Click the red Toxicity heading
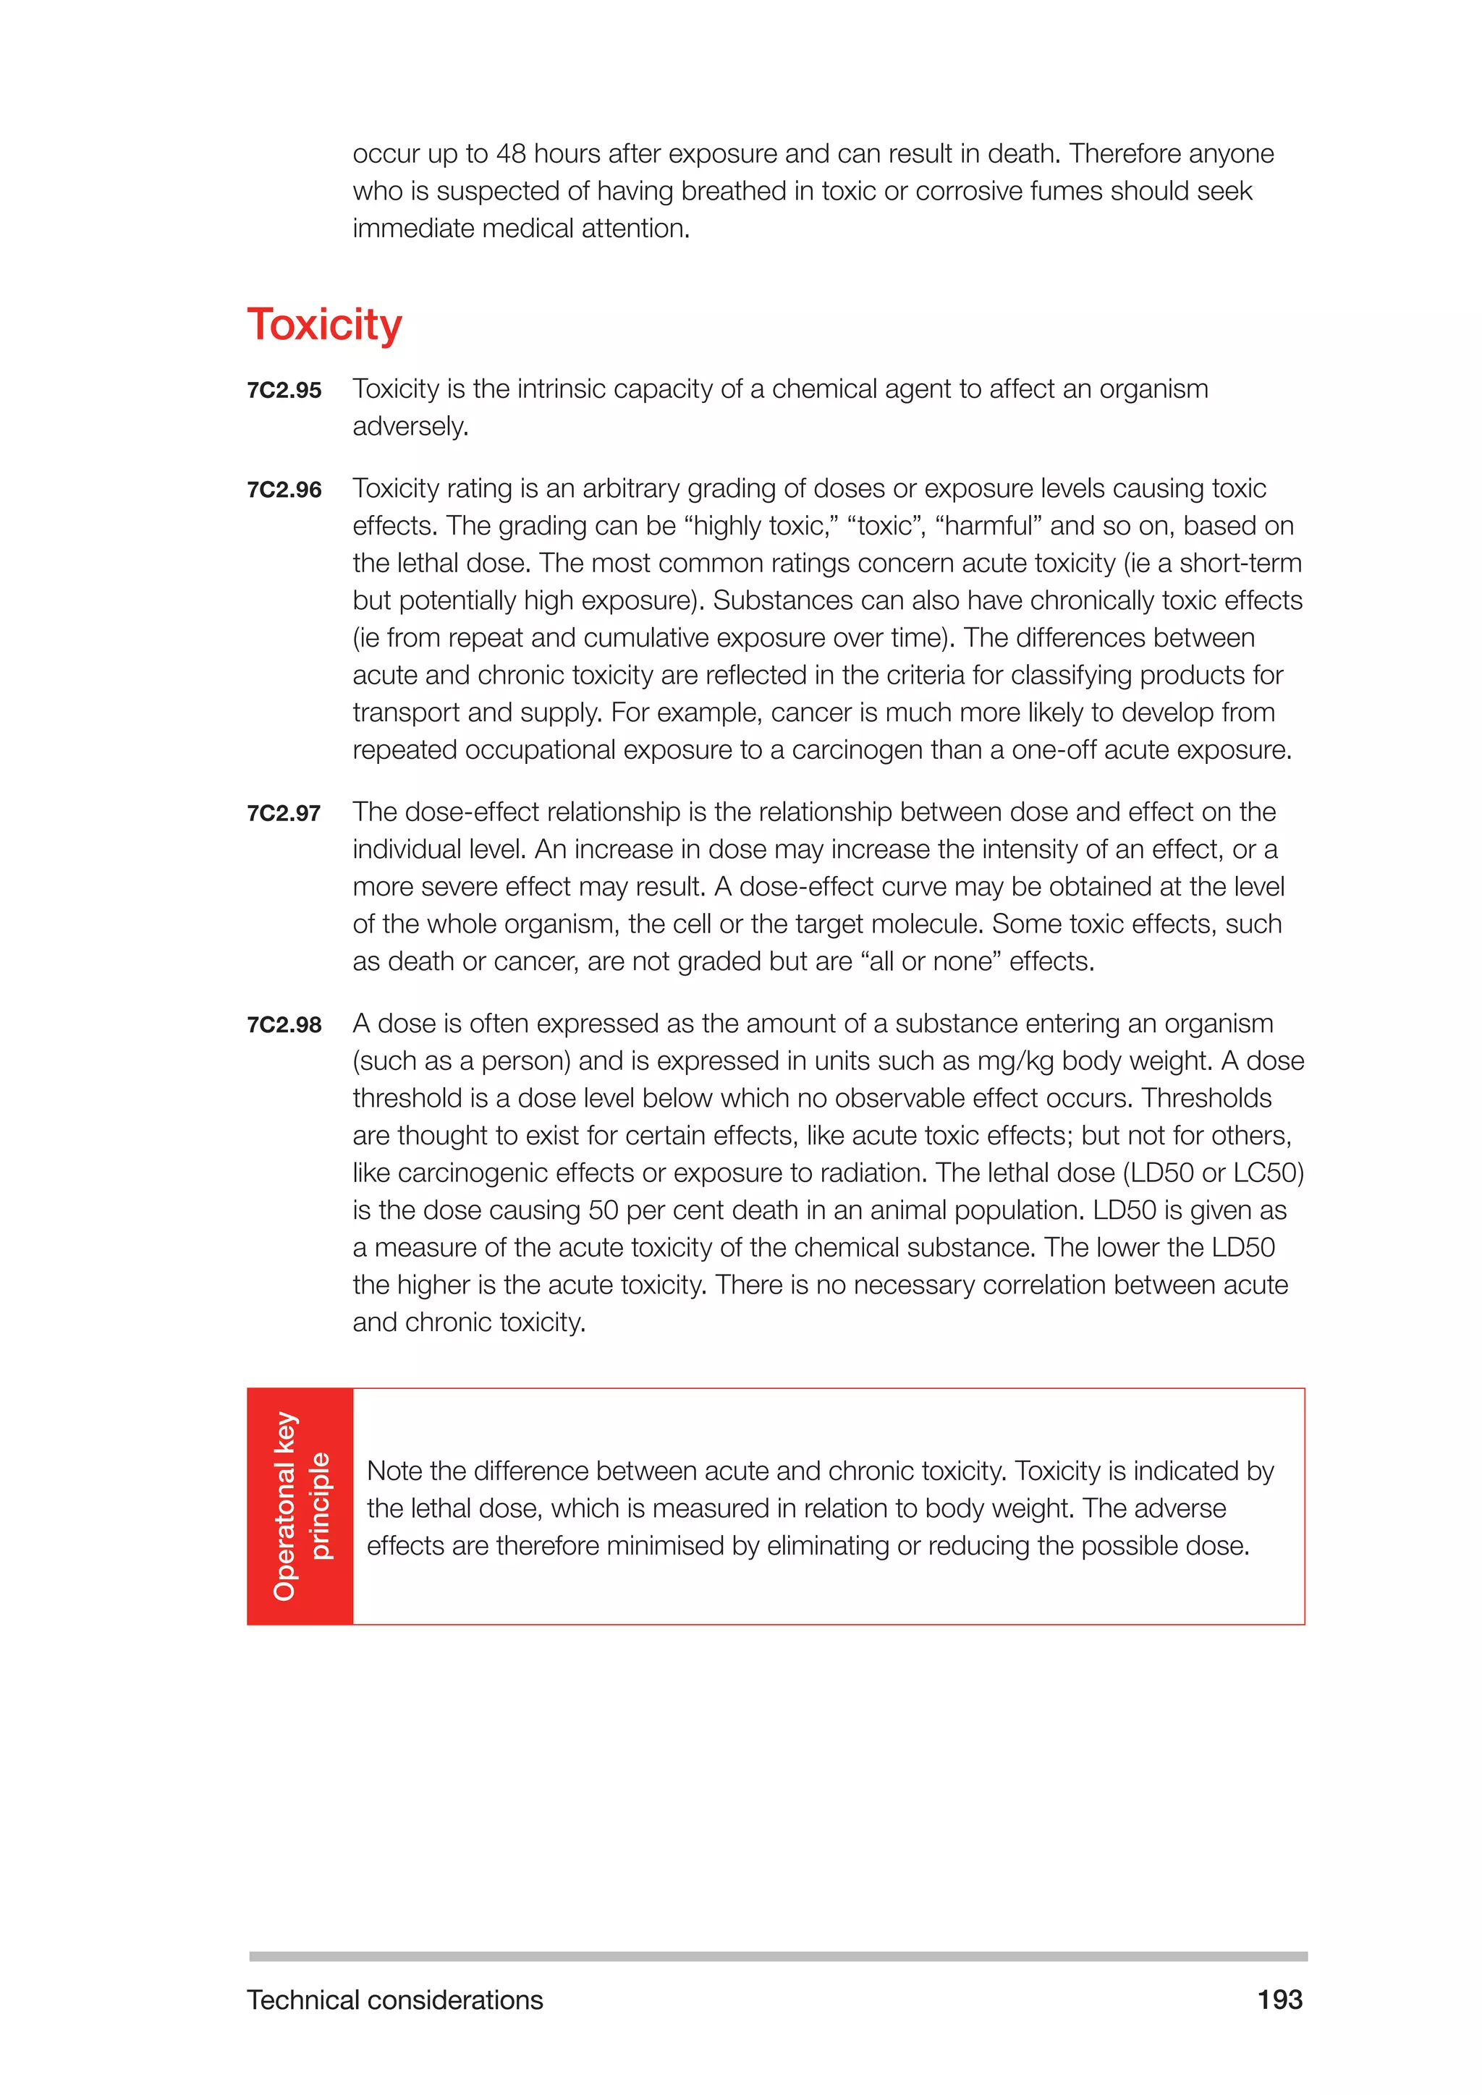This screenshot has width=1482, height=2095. (x=324, y=325)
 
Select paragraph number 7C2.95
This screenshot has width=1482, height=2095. (x=284, y=391)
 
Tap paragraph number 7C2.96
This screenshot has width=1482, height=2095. (x=284, y=490)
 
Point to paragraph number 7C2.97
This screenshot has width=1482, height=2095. (x=284, y=813)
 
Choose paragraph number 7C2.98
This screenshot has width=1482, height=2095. (x=284, y=1024)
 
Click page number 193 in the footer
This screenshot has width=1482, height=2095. (x=1279, y=2000)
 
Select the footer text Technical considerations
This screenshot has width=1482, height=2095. (x=394, y=2000)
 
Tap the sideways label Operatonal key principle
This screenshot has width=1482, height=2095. (x=300, y=1506)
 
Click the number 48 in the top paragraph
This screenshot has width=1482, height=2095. (x=511, y=153)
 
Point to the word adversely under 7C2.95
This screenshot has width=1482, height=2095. (x=410, y=427)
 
